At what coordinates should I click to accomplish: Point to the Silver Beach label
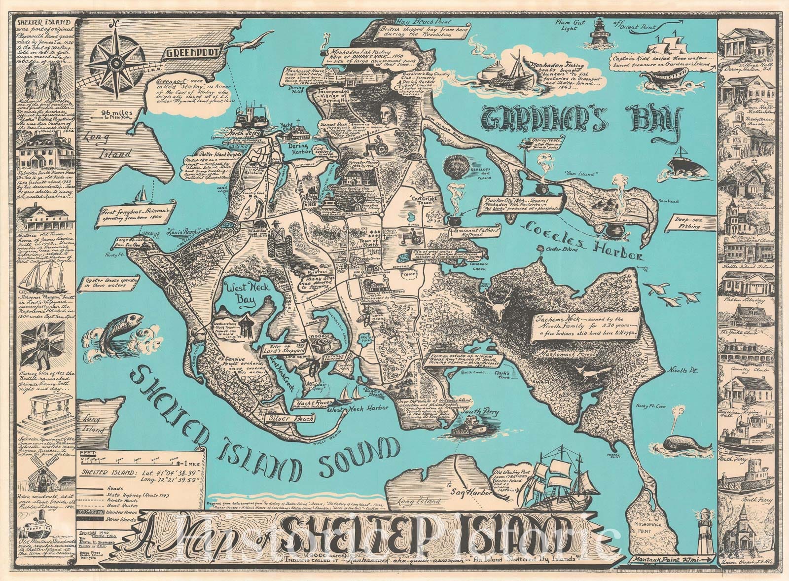[x=280, y=417]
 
